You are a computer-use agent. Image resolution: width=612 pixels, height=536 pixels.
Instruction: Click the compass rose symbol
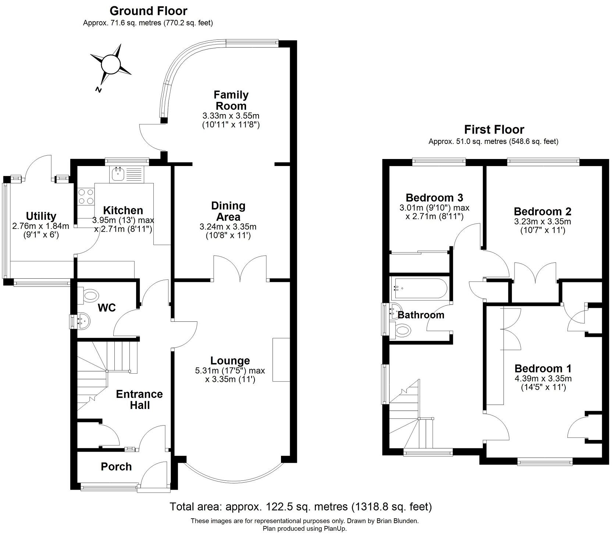[x=111, y=64]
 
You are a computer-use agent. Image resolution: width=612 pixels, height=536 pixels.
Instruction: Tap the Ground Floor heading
[x=148, y=11]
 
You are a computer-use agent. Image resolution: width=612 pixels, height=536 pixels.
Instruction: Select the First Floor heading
[x=494, y=130]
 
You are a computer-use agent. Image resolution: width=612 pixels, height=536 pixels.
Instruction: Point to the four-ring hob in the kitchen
[x=86, y=196]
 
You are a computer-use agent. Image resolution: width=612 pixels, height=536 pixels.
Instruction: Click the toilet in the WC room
[x=90, y=295]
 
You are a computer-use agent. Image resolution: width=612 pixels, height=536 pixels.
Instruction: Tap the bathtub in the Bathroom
[x=419, y=288]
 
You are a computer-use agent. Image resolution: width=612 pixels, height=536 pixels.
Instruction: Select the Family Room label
[x=231, y=100]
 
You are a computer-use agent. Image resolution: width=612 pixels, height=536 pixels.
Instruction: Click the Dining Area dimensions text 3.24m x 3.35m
[x=228, y=227]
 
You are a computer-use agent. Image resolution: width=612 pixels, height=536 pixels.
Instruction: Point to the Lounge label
[x=230, y=360]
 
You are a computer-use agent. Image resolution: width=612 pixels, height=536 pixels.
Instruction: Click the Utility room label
[x=41, y=216]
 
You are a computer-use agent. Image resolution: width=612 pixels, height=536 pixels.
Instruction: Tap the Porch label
[x=116, y=466]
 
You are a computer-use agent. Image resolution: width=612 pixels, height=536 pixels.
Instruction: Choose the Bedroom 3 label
[x=434, y=198]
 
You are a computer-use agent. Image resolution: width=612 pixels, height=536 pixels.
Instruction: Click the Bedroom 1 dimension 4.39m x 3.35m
[x=543, y=378]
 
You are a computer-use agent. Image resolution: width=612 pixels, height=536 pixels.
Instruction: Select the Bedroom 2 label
[x=542, y=212]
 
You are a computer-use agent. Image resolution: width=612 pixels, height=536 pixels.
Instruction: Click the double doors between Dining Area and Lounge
[x=240, y=269]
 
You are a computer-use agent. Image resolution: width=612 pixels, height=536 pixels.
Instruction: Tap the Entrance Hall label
[x=139, y=399]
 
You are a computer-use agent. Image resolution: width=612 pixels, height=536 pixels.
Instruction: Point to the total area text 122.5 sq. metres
[x=287, y=507]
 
